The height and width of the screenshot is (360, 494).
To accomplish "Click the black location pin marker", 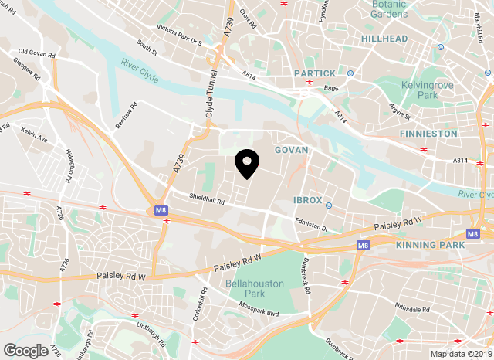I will [x=247, y=163].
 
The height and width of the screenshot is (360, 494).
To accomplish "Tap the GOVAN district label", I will [x=290, y=149].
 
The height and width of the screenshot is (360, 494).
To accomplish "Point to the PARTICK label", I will [x=315, y=73].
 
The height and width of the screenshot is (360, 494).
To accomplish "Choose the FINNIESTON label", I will [x=429, y=133].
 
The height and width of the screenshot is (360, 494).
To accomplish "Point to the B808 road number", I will [x=330, y=88].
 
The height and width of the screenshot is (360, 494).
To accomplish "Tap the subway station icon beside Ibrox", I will [x=329, y=205].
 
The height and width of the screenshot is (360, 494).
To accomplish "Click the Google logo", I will [x=25, y=350].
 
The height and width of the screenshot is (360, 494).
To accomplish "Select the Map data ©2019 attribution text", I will [x=459, y=354].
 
